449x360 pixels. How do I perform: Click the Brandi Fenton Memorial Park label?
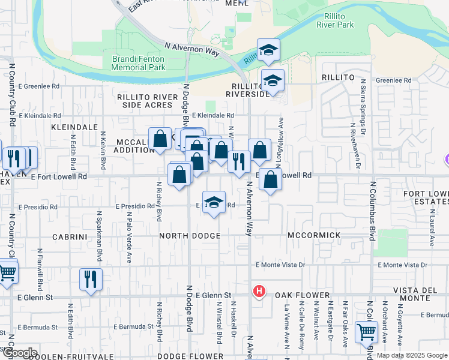tap(138, 63)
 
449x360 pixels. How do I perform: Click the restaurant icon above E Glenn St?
tap(91, 279)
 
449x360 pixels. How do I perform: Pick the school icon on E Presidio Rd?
tap(214, 202)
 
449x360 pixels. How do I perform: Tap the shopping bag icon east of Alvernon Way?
tap(271, 179)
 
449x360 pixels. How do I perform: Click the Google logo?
tap(19, 353)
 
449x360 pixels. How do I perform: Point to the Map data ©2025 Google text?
tap(411, 355)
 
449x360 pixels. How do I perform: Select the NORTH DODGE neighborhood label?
tap(190, 236)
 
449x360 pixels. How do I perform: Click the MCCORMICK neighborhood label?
tap(314, 236)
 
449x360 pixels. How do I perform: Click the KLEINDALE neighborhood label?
tap(74, 128)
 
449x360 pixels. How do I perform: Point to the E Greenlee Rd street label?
tap(40, 86)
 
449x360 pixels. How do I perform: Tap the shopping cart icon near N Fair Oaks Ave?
tap(366, 331)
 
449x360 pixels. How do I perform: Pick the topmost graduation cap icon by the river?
tap(268, 50)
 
